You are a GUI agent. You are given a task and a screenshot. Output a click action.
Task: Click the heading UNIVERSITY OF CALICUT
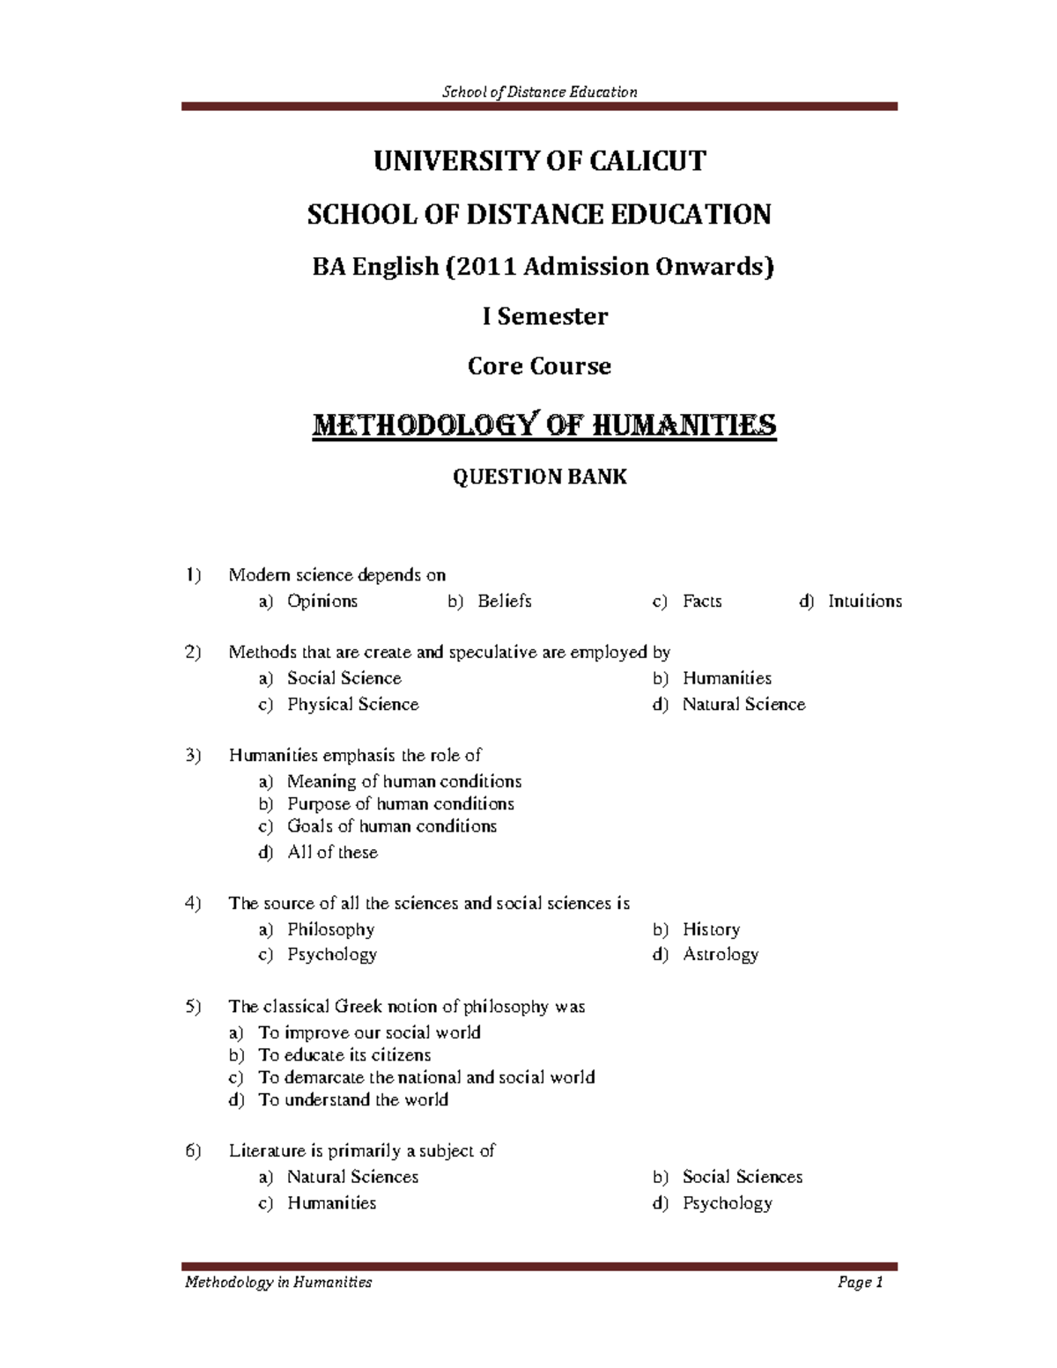(x=539, y=161)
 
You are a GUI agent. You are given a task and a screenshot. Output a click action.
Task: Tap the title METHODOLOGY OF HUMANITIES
(x=544, y=425)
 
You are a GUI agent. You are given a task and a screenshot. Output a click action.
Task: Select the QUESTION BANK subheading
(x=539, y=477)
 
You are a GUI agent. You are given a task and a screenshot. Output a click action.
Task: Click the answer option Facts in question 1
(x=702, y=602)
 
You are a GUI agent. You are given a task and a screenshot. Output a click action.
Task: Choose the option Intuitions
(x=864, y=602)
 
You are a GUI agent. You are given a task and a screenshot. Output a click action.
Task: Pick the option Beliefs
(x=504, y=602)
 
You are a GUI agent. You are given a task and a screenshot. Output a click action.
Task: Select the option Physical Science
(x=352, y=705)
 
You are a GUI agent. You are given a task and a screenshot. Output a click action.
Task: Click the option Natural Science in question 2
(x=743, y=705)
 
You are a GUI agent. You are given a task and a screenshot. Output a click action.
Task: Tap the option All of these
(x=332, y=853)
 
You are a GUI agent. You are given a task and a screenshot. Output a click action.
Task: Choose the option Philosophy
(x=330, y=930)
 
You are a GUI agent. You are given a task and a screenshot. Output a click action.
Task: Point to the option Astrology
(x=720, y=955)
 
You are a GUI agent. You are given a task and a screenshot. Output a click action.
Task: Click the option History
(x=711, y=930)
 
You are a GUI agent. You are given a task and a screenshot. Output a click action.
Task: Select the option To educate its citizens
(x=344, y=1055)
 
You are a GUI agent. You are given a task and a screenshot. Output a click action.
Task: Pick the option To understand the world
(x=353, y=1100)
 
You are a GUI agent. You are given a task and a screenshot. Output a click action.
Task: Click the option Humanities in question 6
(x=331, y=1203)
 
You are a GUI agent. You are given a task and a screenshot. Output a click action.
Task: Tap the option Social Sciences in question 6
(x=742, y=1178)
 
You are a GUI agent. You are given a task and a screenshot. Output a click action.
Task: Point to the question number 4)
(x=194, y=904)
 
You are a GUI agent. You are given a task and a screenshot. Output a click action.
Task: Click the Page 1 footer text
(x=860, y=1283)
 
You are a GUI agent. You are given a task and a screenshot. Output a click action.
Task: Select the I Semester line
(x=544, y=317)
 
